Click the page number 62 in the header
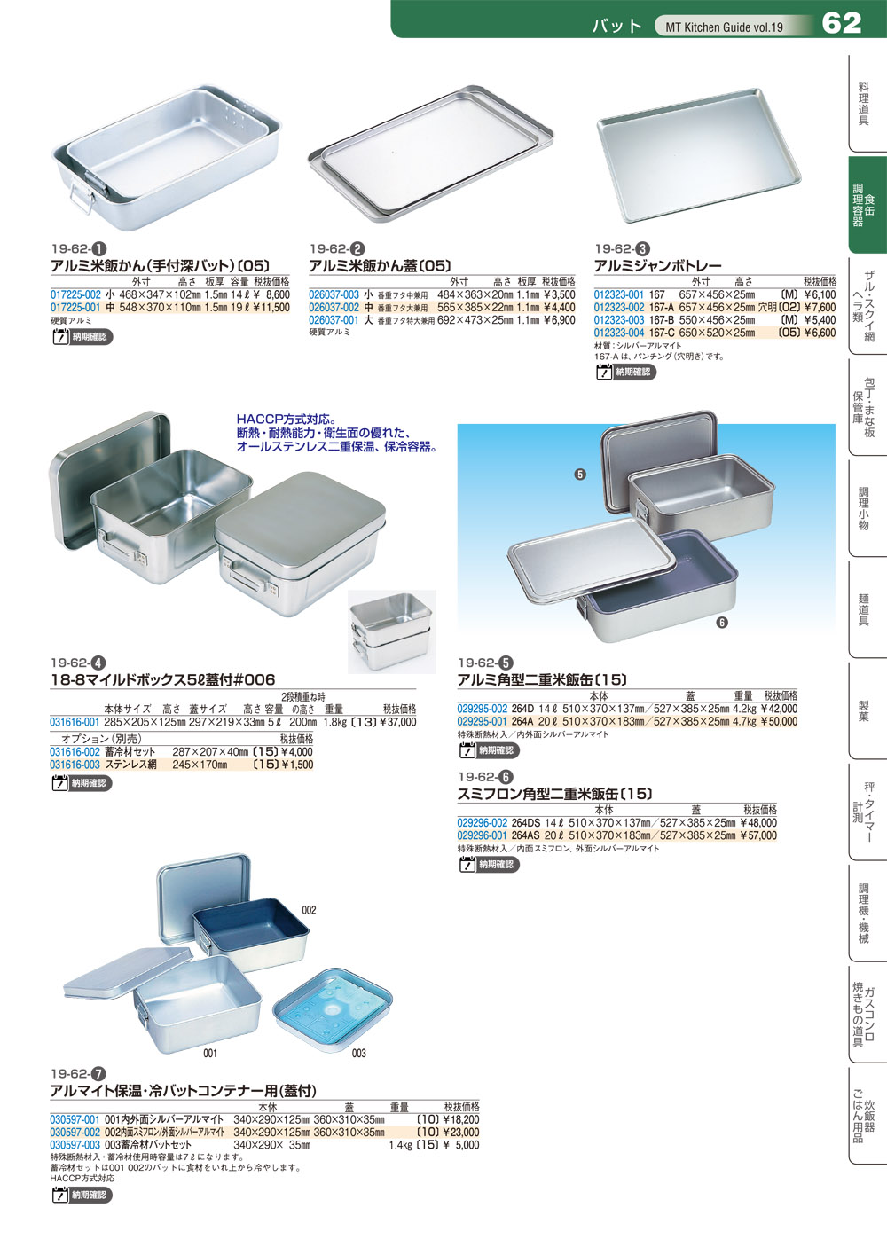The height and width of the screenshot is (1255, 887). pos(842,23)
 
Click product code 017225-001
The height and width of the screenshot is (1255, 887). pos(75,308)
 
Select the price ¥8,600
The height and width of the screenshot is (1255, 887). pos(271,295)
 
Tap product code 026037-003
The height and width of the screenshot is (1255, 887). pos(334,295)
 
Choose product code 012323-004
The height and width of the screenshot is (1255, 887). pos(619,333)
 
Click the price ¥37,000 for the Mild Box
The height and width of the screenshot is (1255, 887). pos(397,723)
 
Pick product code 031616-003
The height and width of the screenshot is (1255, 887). pos(75,765)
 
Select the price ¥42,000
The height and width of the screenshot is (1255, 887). pos(779,710)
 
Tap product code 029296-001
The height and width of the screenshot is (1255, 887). pos(483,835)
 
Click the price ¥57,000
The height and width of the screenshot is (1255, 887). pos(758,835)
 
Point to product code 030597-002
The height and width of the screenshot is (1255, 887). pos(75,1133)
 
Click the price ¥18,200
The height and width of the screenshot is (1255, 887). pos(460,1120)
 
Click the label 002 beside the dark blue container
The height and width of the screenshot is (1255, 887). pos(309,911)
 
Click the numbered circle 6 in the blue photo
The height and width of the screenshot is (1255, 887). pos(722,623)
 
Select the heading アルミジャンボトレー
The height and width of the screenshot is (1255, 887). pos(657,266)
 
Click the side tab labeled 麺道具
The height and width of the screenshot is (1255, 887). pos(863,610)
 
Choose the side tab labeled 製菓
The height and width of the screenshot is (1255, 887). pos(863,711)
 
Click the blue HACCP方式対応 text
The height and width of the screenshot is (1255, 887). pos(286,420)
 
